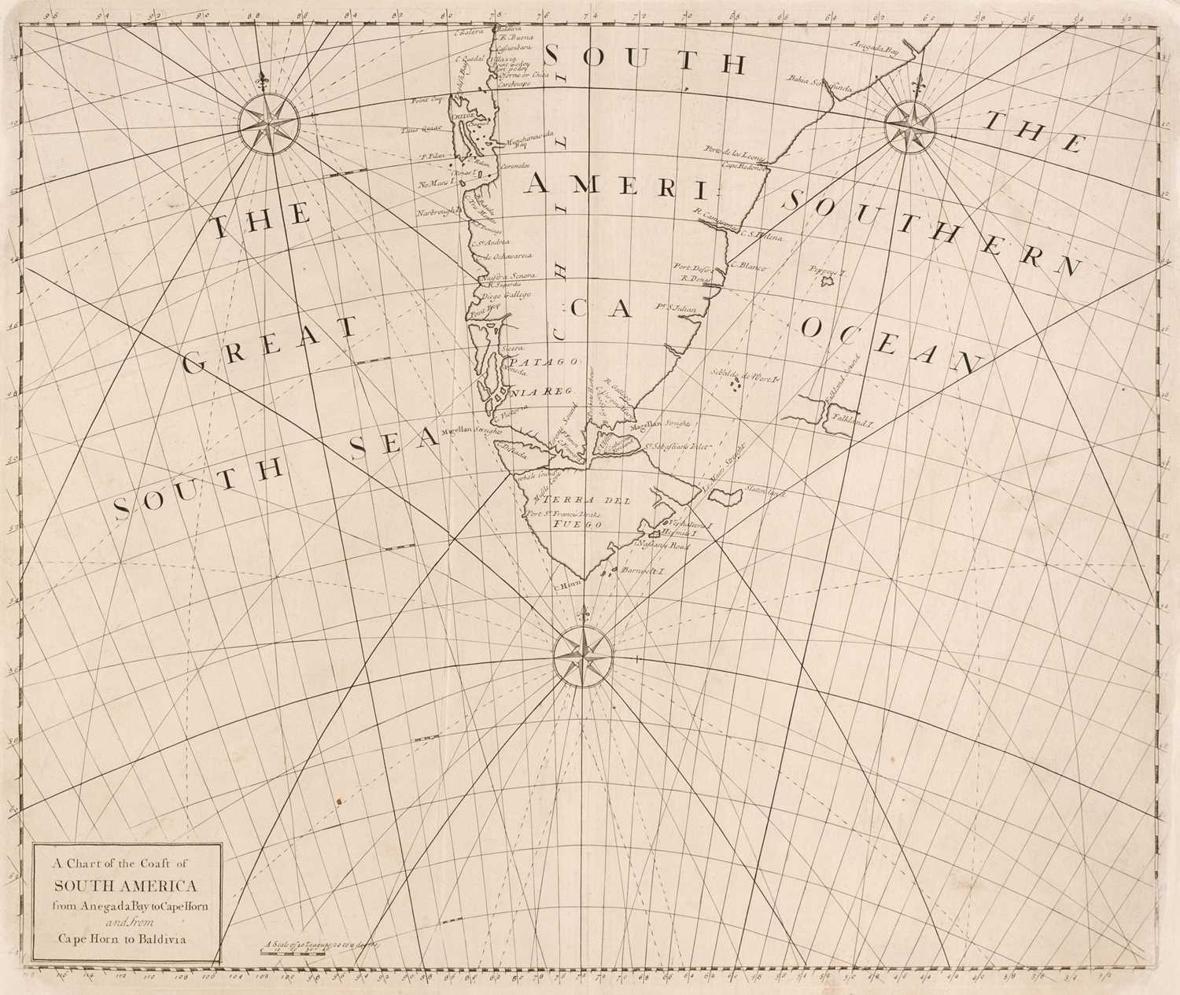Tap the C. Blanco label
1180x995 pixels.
point(748,267)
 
